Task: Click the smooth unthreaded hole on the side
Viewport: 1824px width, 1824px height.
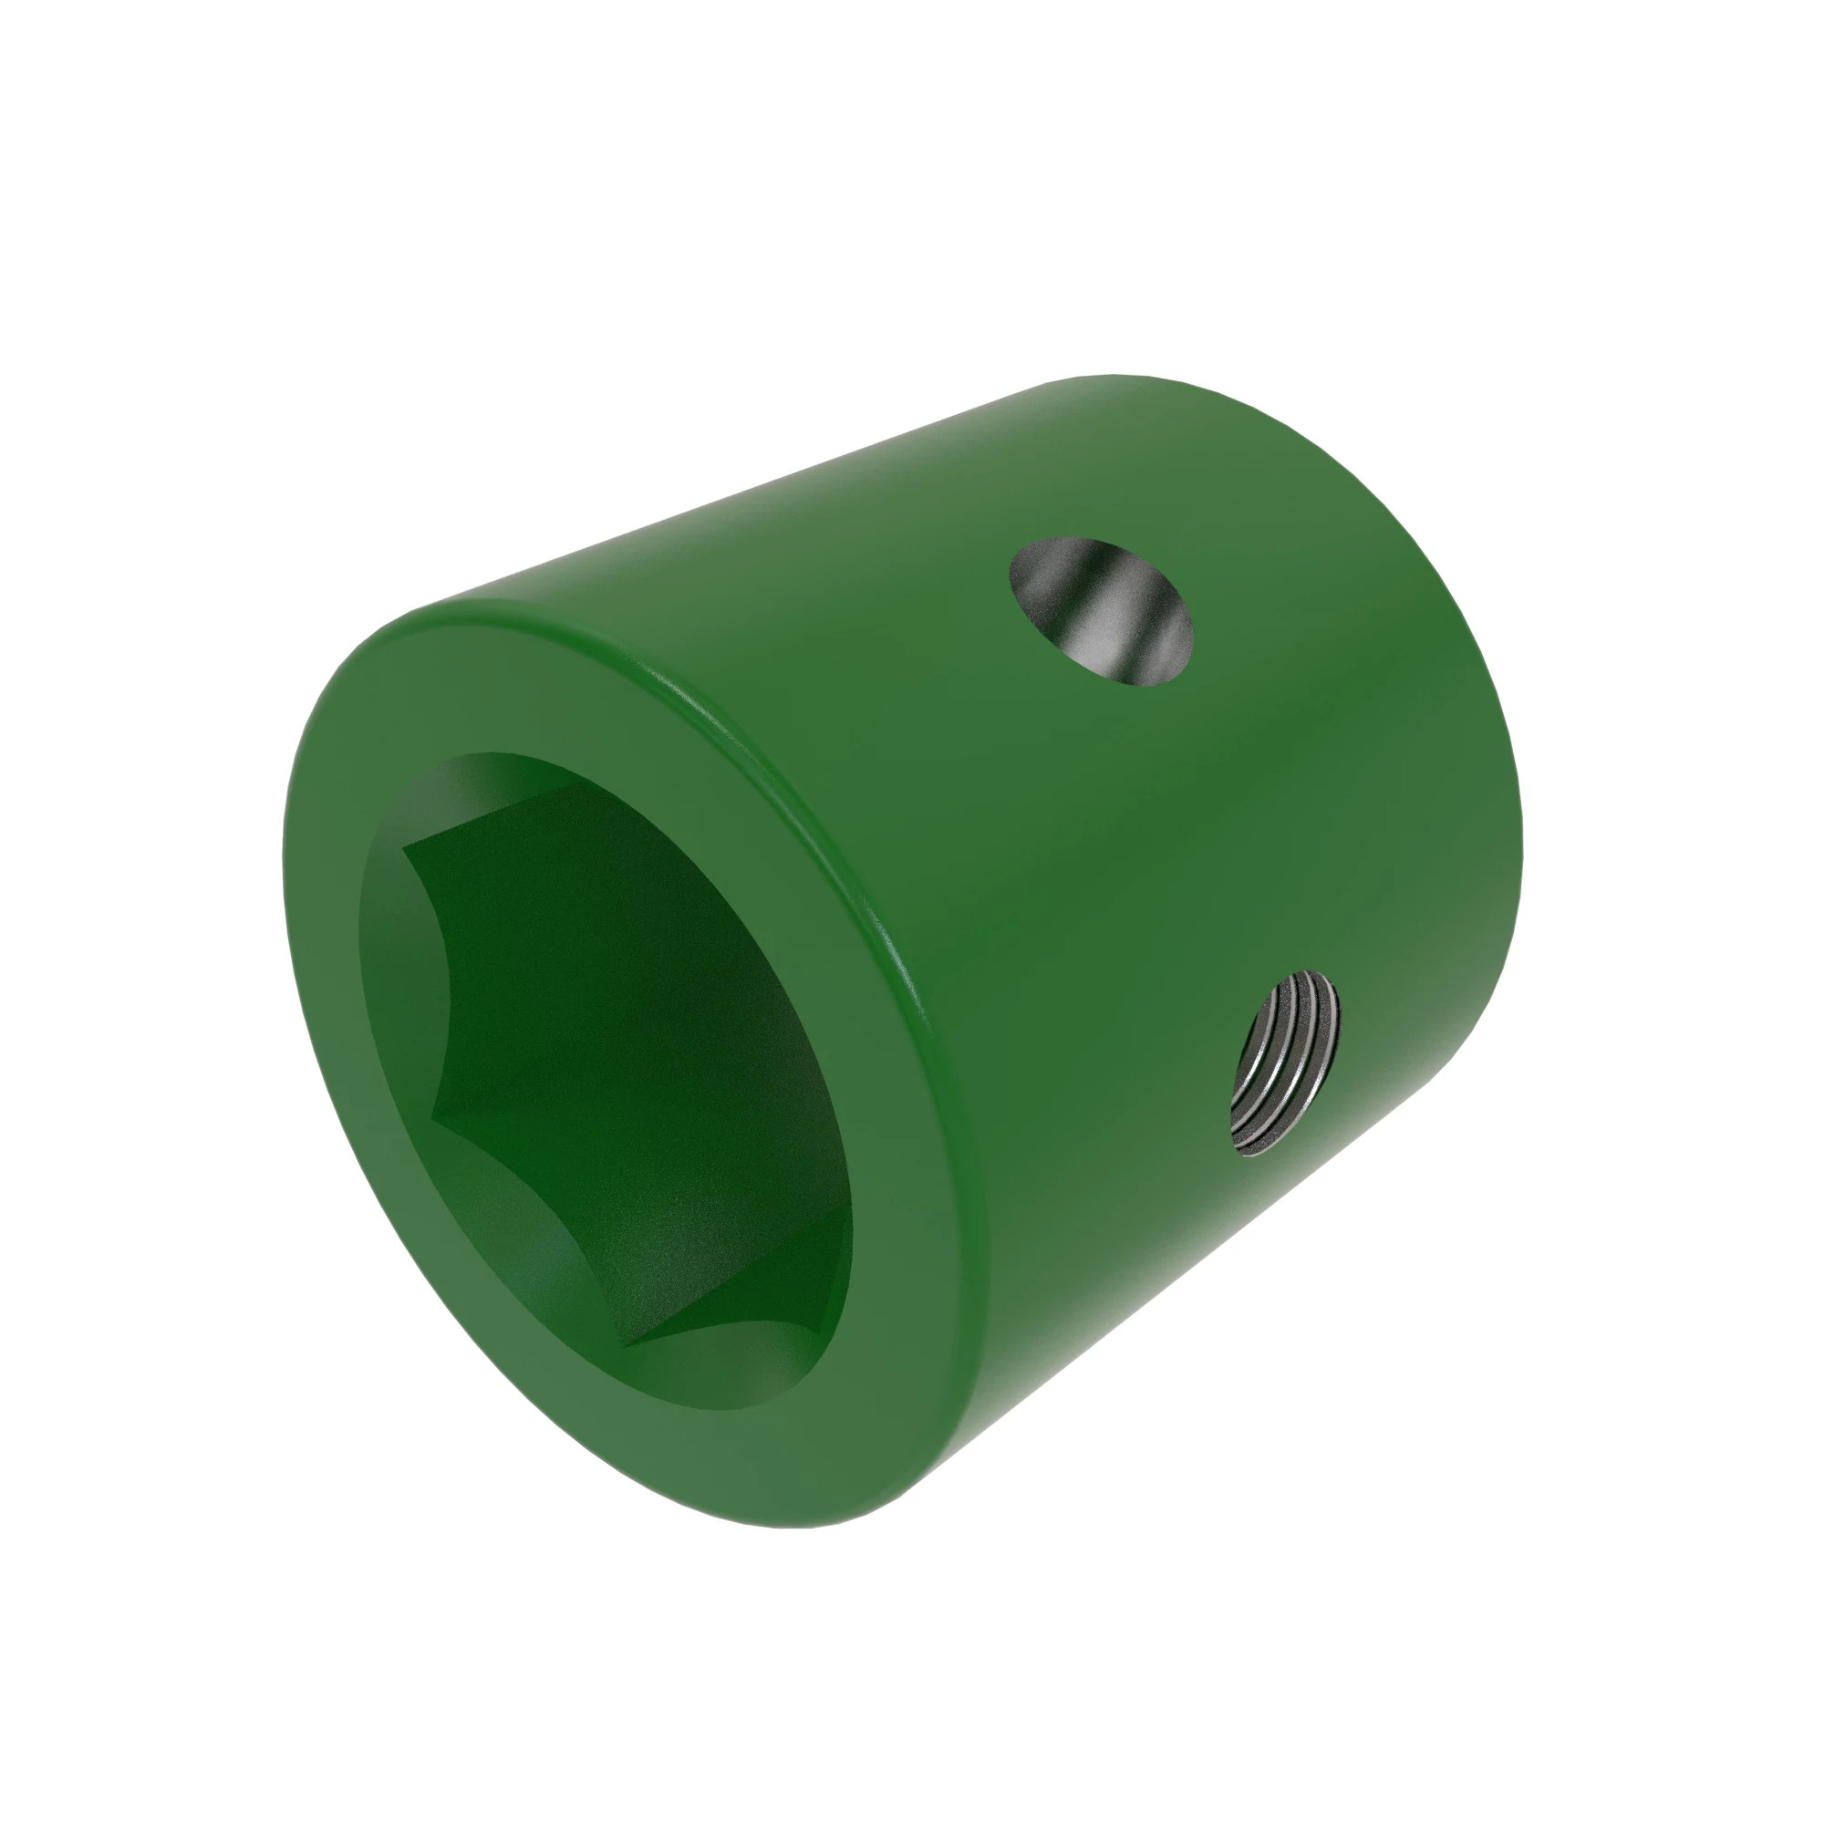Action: click(1101, 612)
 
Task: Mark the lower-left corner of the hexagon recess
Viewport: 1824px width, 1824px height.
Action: click(432, 1120)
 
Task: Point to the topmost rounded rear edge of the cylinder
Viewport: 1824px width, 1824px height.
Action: click(1114, 377)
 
